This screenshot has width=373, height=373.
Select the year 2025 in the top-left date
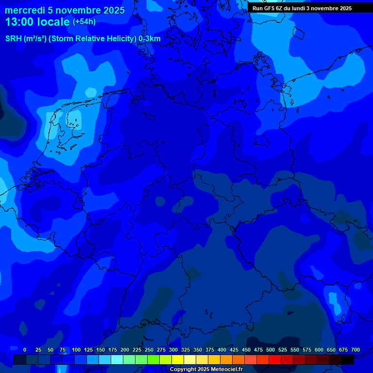tap(113, 10)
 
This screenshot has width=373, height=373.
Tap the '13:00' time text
tap(18, 22)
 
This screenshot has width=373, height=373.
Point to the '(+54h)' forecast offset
tap(84, 22)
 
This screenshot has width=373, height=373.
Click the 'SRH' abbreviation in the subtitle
tap(13, 38)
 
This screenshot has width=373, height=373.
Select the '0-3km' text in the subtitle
tap(150, 38)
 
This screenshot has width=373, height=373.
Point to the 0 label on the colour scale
tap(25, 350)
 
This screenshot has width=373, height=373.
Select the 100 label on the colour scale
tap(76, 350)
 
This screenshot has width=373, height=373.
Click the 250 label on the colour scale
tap(149, 350)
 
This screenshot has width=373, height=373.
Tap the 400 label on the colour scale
tap(222, 350)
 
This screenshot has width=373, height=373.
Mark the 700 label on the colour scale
tap(356, 350)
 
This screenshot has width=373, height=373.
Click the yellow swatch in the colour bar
tap(178, 359)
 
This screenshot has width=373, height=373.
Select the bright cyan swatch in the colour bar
tap(117, 359)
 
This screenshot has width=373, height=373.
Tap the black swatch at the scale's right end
tap(348, 359)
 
